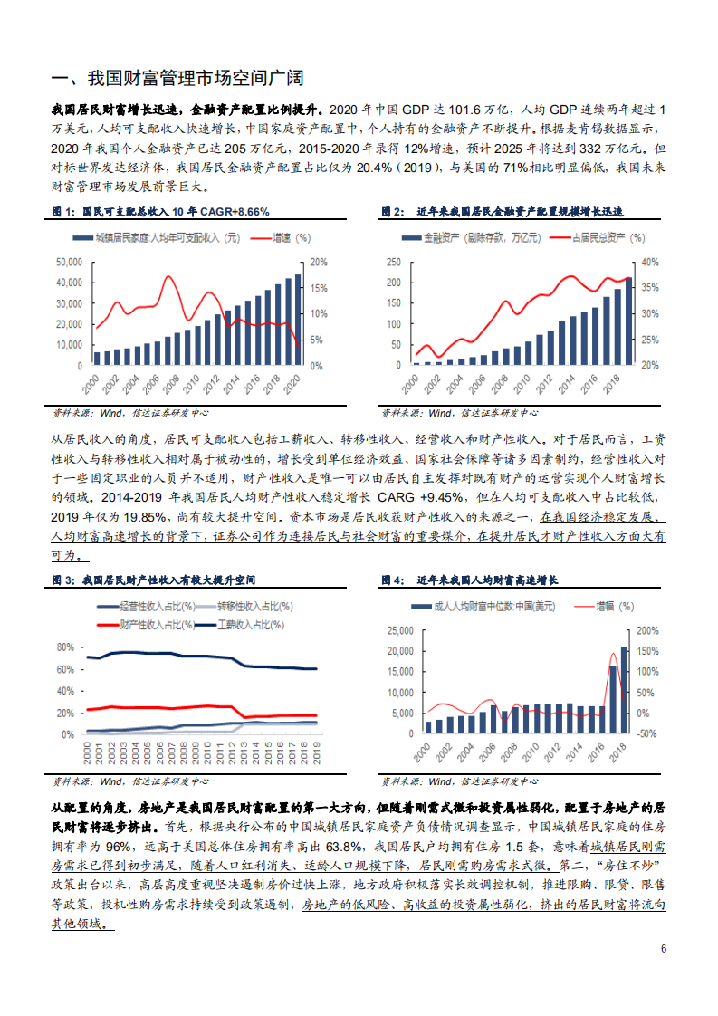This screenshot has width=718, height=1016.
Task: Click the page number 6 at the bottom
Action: pyautogui.click(x=664, y=949)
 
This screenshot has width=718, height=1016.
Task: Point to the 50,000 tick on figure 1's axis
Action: pyautogui.click(x=71, y=261)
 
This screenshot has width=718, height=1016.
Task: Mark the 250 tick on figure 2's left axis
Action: pyautogui.click(x=392, y=261)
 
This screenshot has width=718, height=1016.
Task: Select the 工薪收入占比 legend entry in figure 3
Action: pyautogui.click(x=252, y=625)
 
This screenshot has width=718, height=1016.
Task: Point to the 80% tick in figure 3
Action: pyautogui.click(x=64, y=647)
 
